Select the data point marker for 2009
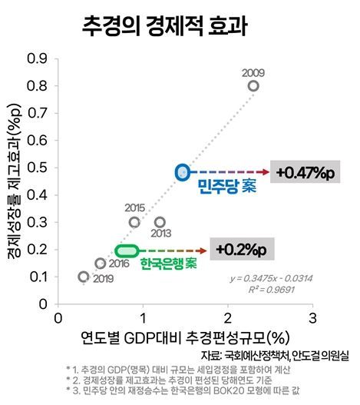click(x=253, y=86)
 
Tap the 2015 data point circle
click(x=134, y=222)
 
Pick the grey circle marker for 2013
click(x=160, y=222)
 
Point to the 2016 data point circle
click(x=100, y=264)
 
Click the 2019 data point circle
click(x=84, y=277)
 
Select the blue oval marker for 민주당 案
click(x=182, y=171)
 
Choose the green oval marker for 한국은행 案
click(x=127, y=250)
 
